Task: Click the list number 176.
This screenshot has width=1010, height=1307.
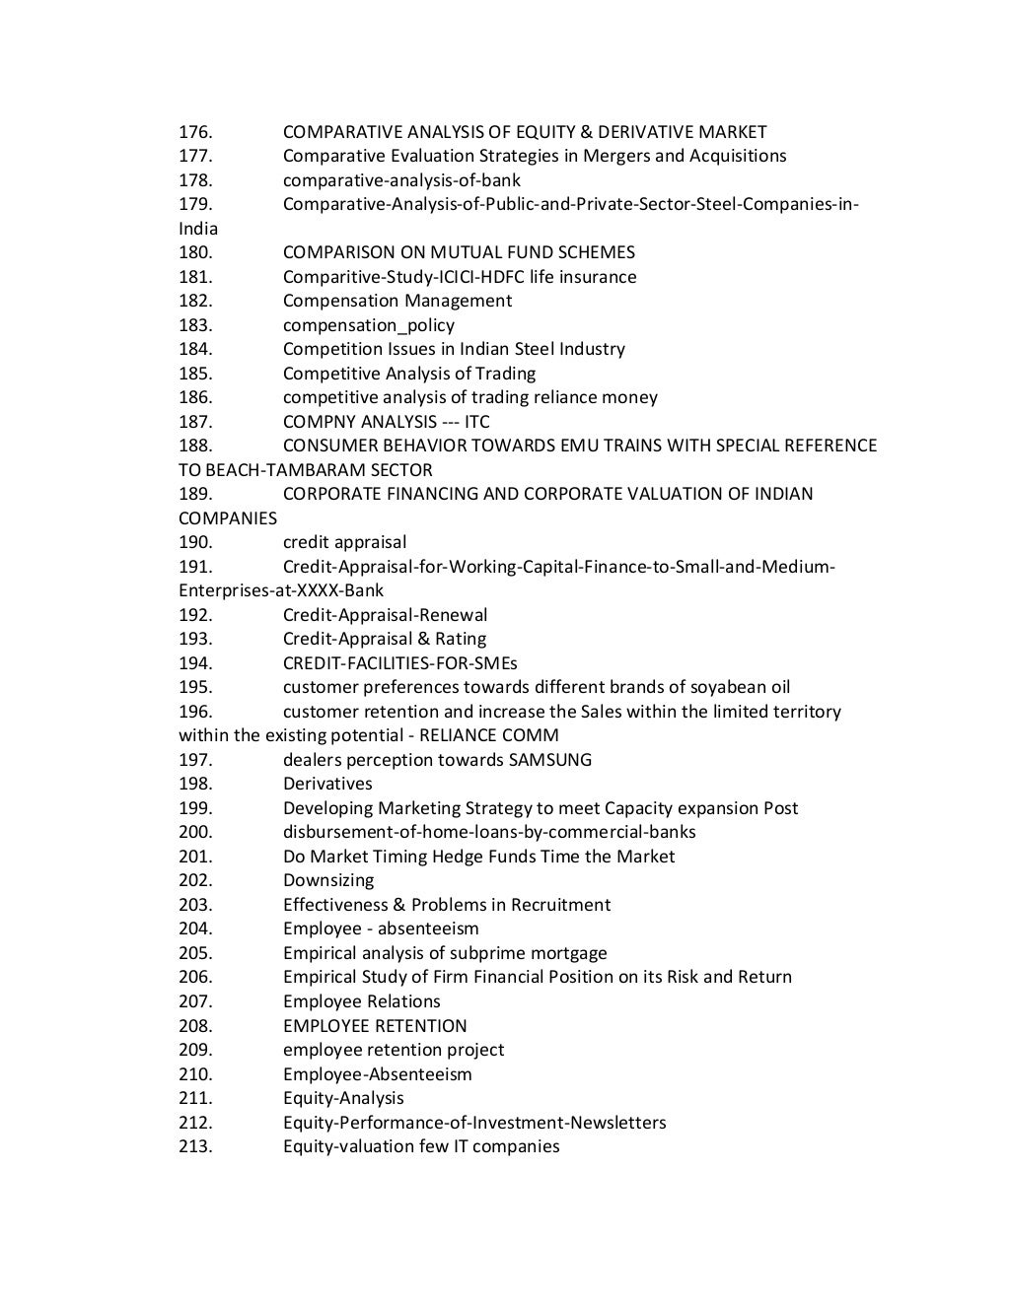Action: [195, 132]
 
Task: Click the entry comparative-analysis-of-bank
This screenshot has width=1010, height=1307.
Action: [401, 180]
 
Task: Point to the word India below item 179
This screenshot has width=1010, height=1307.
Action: [198, 229]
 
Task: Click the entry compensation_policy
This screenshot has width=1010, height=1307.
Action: [369, 325]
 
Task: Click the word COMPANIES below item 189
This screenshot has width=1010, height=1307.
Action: [228, 518]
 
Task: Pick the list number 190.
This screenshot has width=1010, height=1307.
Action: [195, 542]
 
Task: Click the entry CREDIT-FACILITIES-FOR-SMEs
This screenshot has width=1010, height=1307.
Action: [399, 663]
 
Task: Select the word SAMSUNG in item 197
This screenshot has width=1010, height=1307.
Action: [550, 760]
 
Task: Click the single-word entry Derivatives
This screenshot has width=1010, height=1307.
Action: [327, 784]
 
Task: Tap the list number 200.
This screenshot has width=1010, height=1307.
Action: [195, 832]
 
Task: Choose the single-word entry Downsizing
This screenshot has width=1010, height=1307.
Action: [328, 880]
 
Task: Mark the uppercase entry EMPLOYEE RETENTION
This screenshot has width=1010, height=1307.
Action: [375, 1026]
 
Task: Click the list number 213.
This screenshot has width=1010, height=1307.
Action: [195, 1146]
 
